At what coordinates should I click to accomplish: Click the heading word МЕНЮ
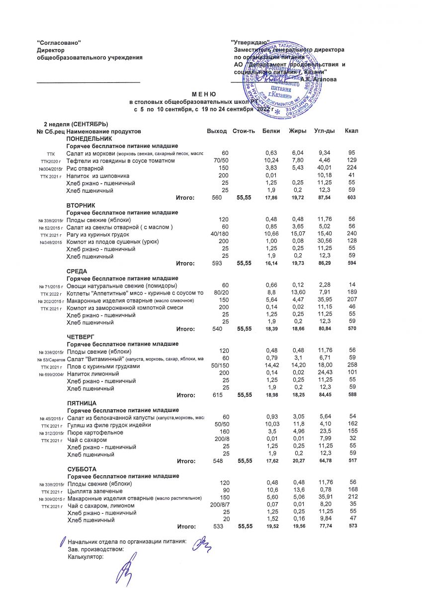click(x=204, y=94)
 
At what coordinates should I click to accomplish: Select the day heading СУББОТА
click(x=82, y=469)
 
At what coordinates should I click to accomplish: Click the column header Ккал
click(x=351, y=131)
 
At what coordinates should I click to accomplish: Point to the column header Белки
click(x=271, y=131)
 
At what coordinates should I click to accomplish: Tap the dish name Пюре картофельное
click(x=93, y=432)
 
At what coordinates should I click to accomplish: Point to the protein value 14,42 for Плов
click(x=271, y=366)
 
